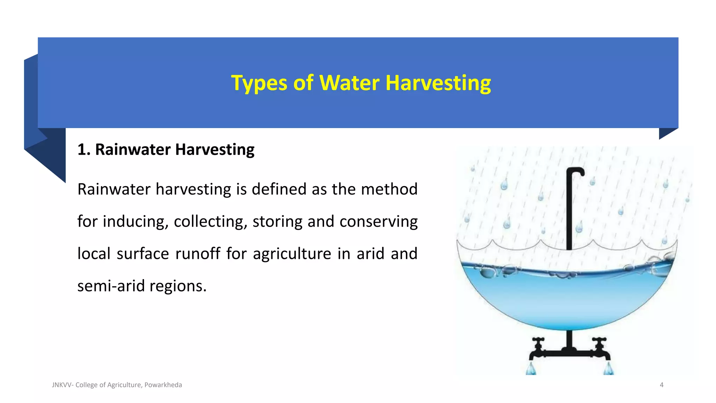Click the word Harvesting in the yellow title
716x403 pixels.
tap(438, 83)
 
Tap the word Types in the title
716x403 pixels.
tap(259, 83)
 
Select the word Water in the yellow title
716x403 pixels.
tap(349, 83)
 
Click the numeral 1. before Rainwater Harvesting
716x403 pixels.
tap(84, 150)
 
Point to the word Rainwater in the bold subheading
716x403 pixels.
tap(133, 150)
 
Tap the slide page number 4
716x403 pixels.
tap(661, 385)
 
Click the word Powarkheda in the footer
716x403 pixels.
tap(163, 385)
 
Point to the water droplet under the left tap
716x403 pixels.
tap(531, 369)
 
